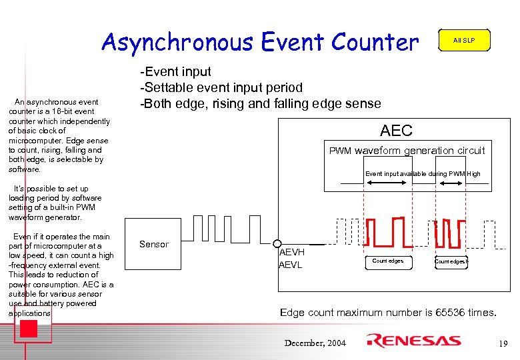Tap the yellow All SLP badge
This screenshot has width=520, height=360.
click(x=463, y=41)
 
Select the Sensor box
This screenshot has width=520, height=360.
click(x=154, y=245)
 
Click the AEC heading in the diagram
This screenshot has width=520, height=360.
click(x=396, y=131)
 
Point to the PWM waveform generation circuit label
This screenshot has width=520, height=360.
click(x=407, y=151)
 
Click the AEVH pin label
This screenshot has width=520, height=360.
click(x=291, y=253)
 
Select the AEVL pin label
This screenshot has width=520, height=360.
click(x=291, y=265)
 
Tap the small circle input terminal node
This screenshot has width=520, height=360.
click(x=277, y=244)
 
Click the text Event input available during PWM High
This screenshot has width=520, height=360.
click(x=422, y=174)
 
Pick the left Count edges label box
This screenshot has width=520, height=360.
click(x=387, y=261)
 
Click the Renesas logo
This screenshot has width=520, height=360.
click(x=413, y=341)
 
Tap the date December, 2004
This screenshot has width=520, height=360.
click(x=315, y=343)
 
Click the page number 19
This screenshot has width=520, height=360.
click(x=503, y=343)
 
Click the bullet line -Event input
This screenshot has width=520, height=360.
click(x=175, y=71)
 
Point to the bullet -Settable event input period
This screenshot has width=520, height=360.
click(x=221, y=87)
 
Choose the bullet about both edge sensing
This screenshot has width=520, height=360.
click(x=260, y=103)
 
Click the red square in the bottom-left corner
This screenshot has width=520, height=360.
click(x=28, y=329)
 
